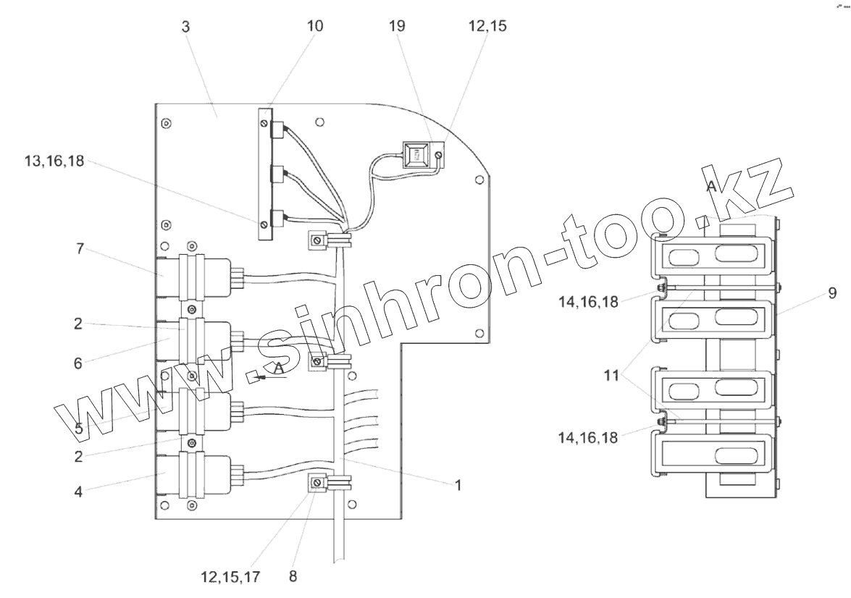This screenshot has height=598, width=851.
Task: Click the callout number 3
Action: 185,27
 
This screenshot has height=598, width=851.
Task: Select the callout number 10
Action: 315,26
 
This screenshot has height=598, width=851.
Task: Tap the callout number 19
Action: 397,26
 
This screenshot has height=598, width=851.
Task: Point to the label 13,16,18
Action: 54,161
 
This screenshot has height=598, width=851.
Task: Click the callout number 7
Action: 80,249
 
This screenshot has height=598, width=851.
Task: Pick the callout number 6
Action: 78,363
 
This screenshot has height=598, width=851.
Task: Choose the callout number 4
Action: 78,492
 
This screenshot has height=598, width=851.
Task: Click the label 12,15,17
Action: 230,577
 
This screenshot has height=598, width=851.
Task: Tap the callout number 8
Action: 293,576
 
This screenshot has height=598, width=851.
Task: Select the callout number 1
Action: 458,484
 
